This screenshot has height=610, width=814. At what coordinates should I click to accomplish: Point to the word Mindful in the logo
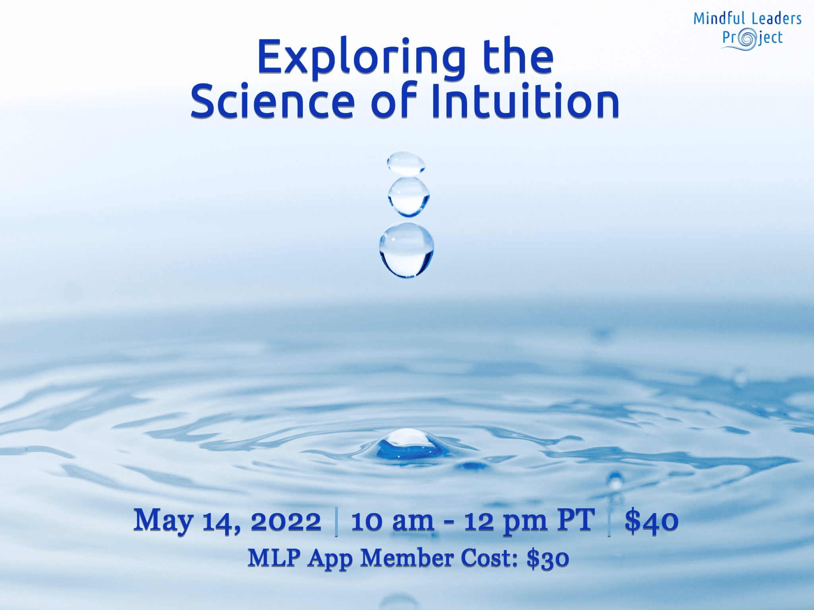pos(719,19)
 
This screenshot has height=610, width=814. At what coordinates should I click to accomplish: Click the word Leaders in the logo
pos(776,19)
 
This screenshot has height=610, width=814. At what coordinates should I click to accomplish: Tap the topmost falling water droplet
pos(406,163)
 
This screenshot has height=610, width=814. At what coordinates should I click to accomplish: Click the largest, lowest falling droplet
pos(406,250)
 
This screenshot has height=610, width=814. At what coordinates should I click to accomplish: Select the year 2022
pos(286,521)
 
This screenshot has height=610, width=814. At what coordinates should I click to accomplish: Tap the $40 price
pos(651,521)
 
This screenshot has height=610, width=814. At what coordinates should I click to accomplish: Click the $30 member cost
pos(548,558)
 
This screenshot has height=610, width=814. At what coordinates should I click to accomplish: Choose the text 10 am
pos(392,521)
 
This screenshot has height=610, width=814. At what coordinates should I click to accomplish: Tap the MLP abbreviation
pos(274,557)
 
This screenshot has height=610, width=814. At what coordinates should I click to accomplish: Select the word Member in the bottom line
pos(407,557)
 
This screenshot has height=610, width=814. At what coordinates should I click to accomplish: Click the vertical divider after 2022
pos(336,522)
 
